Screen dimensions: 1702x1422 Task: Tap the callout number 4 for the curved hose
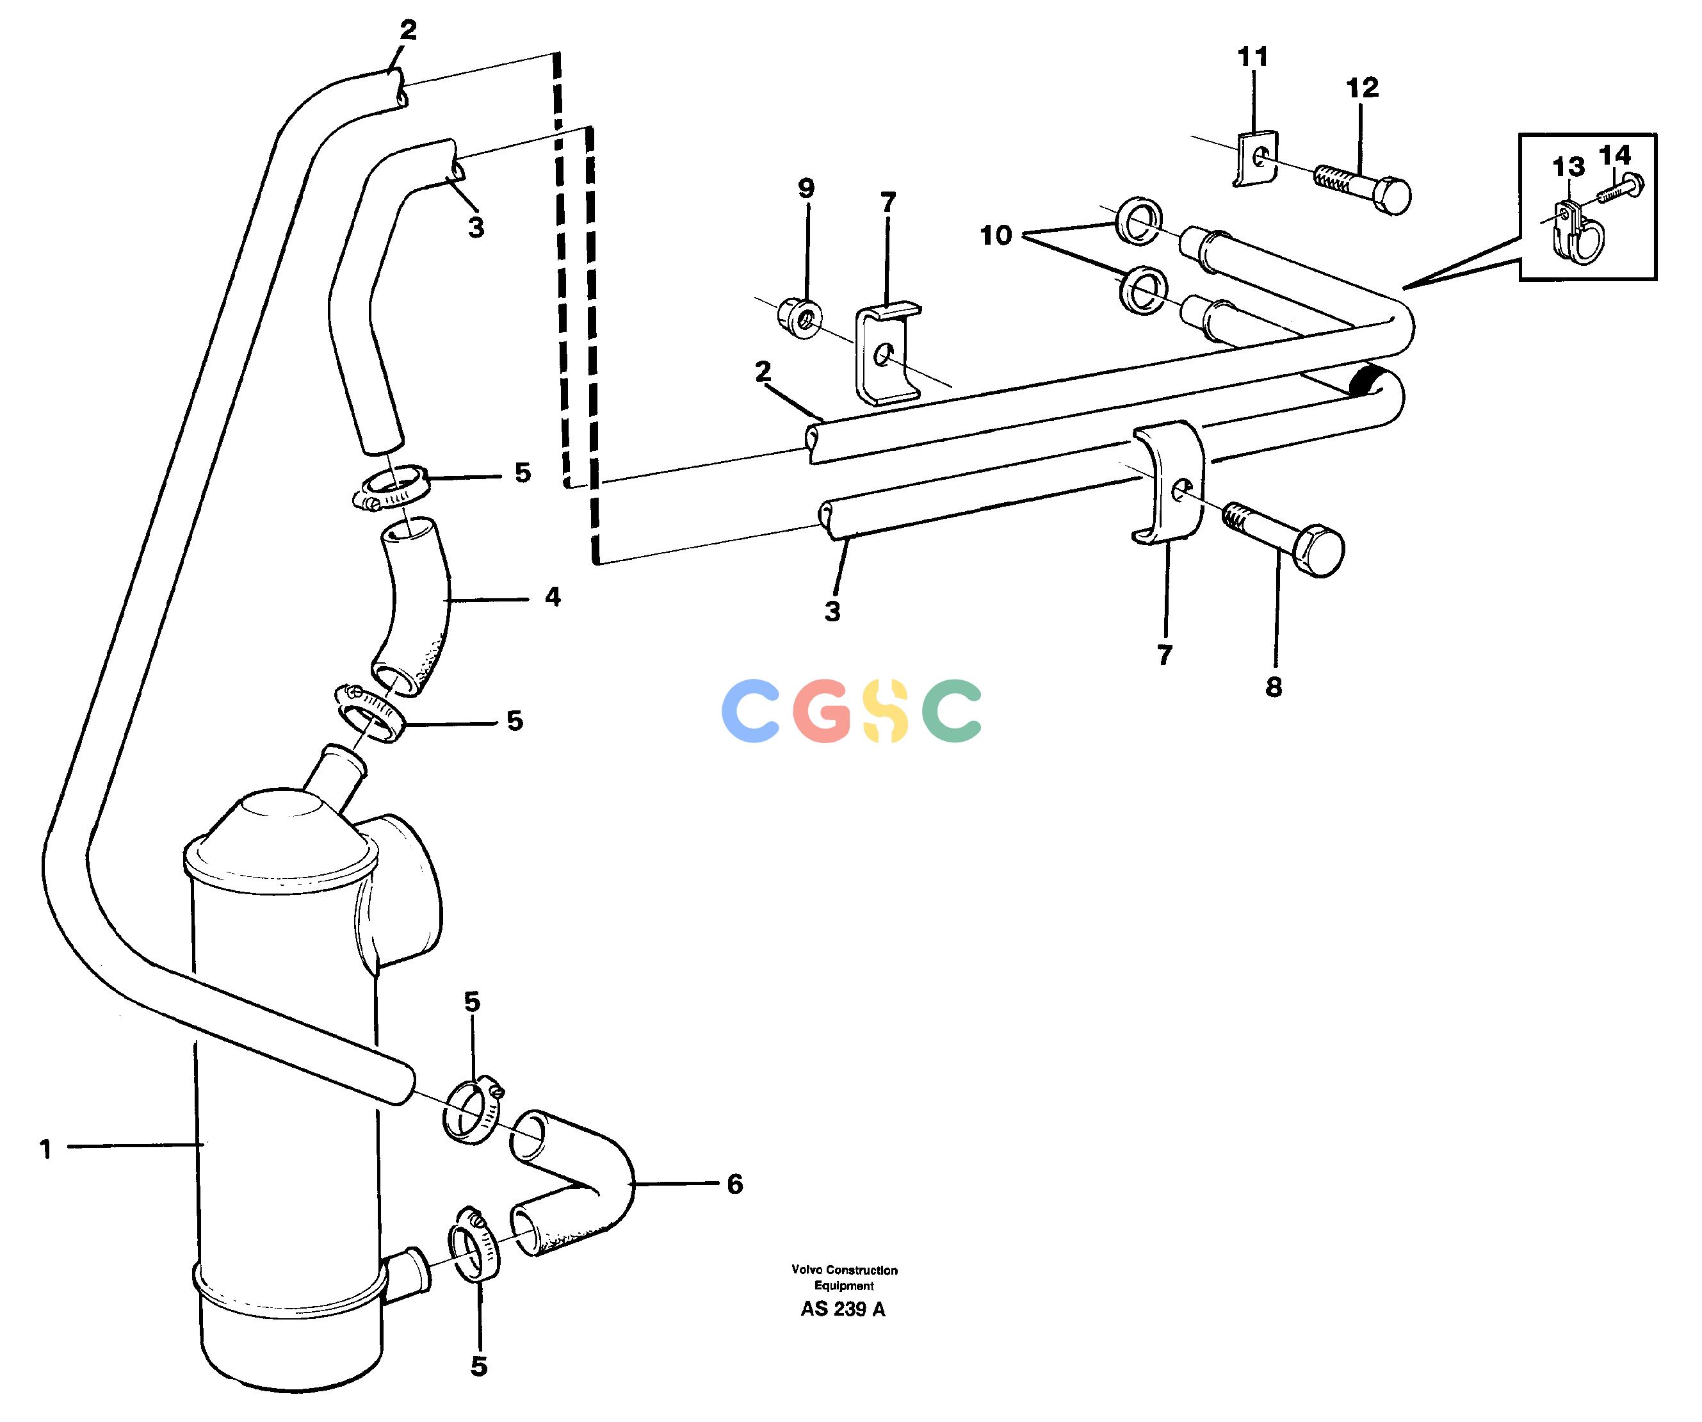click(x=553, y=598)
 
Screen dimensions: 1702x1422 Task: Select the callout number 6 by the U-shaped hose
click(x=734, y=1184)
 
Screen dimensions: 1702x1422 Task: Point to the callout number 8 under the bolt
click(x=1274, y=687)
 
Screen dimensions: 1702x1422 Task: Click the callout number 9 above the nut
click(x=806, y=188)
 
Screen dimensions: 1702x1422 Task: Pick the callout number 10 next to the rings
click(x=996, y=235)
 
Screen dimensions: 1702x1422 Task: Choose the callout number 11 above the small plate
click(x=1253, y=57)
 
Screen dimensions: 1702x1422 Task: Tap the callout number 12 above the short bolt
click(x=1363, y=88)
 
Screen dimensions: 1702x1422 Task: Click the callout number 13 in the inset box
click(x=1568, y=167)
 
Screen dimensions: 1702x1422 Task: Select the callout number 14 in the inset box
click(x=1614, y=155)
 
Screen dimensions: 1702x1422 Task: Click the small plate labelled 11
click(x=1256, y=159)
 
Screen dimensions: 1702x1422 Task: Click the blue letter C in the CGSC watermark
click(x=750, y=711)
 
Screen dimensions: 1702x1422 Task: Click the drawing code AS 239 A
click(x=843, y=1309)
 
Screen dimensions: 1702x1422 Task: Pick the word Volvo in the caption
click(x=808, y=1270)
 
